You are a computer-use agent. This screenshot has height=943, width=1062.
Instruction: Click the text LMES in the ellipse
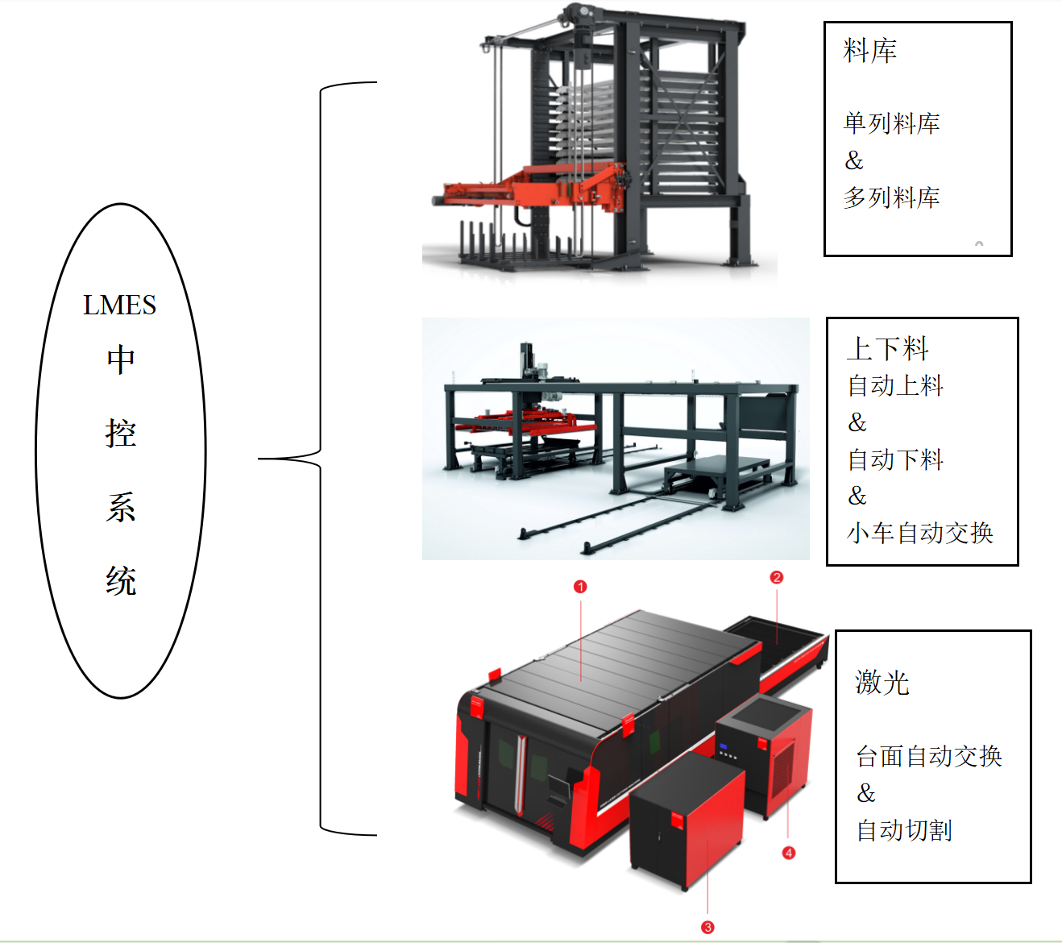coord(119,305)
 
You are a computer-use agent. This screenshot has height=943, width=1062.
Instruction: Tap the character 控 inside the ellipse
coord(121,434)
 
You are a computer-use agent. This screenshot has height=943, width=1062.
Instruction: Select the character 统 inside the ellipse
coord(121,581)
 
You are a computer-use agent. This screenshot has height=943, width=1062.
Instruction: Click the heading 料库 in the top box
coord(869,52)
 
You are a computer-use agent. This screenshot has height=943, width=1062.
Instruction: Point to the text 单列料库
coord(891,123)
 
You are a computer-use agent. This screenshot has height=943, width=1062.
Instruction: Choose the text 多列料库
coord(891,197)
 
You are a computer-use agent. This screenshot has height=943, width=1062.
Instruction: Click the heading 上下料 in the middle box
coord(887,349)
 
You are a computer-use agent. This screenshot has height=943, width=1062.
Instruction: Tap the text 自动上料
coord(895,385)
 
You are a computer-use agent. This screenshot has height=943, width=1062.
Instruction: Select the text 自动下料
coord(895,459)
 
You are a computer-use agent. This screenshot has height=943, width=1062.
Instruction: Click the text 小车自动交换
coord(919,533)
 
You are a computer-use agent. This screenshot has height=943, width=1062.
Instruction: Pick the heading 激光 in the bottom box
coord(882,683)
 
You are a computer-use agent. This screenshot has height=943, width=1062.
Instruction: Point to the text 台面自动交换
coord(928,756)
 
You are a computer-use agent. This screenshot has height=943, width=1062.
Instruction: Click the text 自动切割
coord(904,830)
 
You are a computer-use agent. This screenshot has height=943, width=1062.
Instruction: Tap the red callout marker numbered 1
coord(580,587)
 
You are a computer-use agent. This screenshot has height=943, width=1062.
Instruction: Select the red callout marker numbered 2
coord(777,577)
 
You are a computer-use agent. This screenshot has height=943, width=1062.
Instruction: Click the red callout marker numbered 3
coord(707,928)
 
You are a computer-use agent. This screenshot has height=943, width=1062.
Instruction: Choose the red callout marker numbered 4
coord(789,853)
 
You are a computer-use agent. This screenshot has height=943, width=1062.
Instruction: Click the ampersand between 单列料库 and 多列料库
coord(854,161)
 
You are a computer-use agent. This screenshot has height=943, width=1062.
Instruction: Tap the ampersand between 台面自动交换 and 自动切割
coord(866,794)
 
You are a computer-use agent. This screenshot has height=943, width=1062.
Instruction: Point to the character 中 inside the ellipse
coord(121,359)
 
